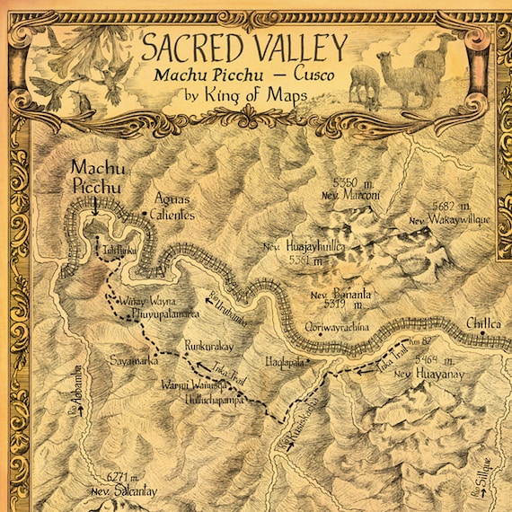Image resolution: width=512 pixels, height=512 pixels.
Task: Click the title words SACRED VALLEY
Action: click(x=245, y=44)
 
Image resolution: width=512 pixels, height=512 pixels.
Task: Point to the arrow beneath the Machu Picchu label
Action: click(x=94, y=204)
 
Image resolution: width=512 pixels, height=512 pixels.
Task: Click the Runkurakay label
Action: click(x=209, y=344)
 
